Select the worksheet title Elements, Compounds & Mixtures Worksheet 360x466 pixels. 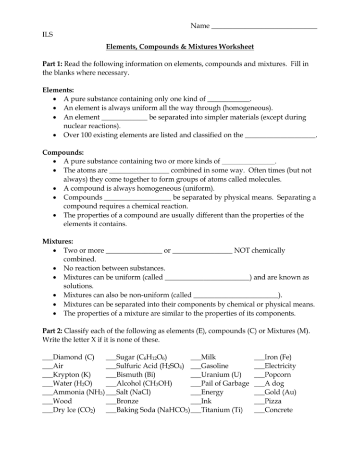pyautogui.click(x=180, y=47)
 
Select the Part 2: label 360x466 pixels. pyautogui.click(x=52, y=331)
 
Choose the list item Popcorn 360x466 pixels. pyautogui.click(x=277, y=375)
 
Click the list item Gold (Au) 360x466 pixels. pyautogui.click(x=280, y=392)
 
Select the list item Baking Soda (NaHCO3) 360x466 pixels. pyautogui.click(x=153, y=410)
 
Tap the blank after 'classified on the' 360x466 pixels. pyautogui.click(x=280, y=136)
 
